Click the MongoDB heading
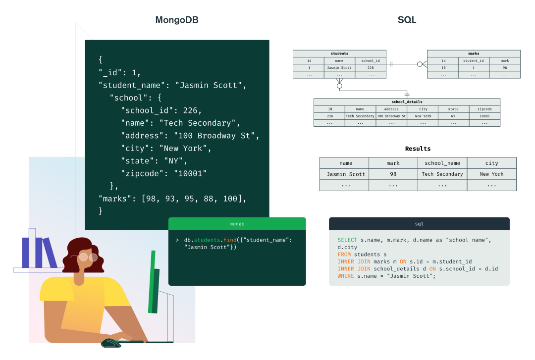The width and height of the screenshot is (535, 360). [x=177, y=20]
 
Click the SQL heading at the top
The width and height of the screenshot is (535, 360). [x=407, y=20]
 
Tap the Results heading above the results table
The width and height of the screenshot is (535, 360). [x=418, y=149]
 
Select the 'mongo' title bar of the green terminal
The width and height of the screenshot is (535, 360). [x=237, y=224]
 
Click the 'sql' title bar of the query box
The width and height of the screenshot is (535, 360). [x=419, y=224]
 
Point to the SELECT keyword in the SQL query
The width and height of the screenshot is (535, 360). [x=347, y=240]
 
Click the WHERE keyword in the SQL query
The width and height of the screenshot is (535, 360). [x=346, y=276]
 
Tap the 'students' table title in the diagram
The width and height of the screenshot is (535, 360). [x=339, y=53]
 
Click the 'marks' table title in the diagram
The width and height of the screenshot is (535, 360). [x=474, y=53]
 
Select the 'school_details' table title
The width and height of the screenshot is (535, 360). [x=407, y=102]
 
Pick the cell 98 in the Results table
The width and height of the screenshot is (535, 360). [x=393, y=174]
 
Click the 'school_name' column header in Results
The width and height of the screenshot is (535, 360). [x=442, y=163]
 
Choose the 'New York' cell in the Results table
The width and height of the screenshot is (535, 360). [x=491, y=174]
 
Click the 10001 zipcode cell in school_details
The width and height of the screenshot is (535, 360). [x=484, y=116]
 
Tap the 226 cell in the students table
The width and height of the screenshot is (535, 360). [x=371, y=67]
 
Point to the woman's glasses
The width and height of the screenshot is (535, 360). [x=88, y=257]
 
